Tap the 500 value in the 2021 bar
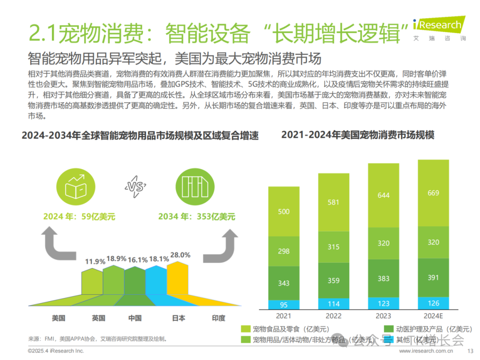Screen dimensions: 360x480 (284, 212)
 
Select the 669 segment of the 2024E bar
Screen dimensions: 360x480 (433, 193)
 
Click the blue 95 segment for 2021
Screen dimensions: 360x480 (284, 305)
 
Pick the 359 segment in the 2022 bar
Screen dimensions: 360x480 (333, 280)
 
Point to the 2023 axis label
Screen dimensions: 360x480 (383, 316)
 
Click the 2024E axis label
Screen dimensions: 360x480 (433, 316)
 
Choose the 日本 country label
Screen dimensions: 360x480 (178, 318)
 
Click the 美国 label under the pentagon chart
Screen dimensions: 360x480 (59, 318)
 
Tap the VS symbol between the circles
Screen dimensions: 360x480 (135, 187)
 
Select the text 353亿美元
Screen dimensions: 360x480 (216, 217)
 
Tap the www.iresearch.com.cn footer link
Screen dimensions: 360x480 (426, 351)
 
